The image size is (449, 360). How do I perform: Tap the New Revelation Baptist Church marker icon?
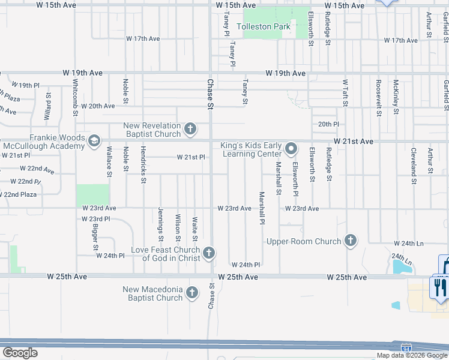pos(190,128)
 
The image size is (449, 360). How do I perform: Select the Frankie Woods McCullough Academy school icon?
pos(93,141)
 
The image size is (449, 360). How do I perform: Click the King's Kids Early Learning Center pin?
pos(291,148)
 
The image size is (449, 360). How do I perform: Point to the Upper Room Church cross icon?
pos(351,241)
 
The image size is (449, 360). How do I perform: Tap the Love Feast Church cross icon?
pos(209,253)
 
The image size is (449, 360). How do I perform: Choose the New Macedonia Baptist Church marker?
pos(191,293)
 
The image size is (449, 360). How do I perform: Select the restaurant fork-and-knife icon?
pos(440,286)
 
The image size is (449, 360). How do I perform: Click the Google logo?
pos(20,353)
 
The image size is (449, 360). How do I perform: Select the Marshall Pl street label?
pos(262,208)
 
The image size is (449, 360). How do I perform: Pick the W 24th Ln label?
pos(408,244)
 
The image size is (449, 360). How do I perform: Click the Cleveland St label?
pos(414,161)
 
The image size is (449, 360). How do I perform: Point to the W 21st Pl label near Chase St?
pos(191,157)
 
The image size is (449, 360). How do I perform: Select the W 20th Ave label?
pos(98,106)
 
